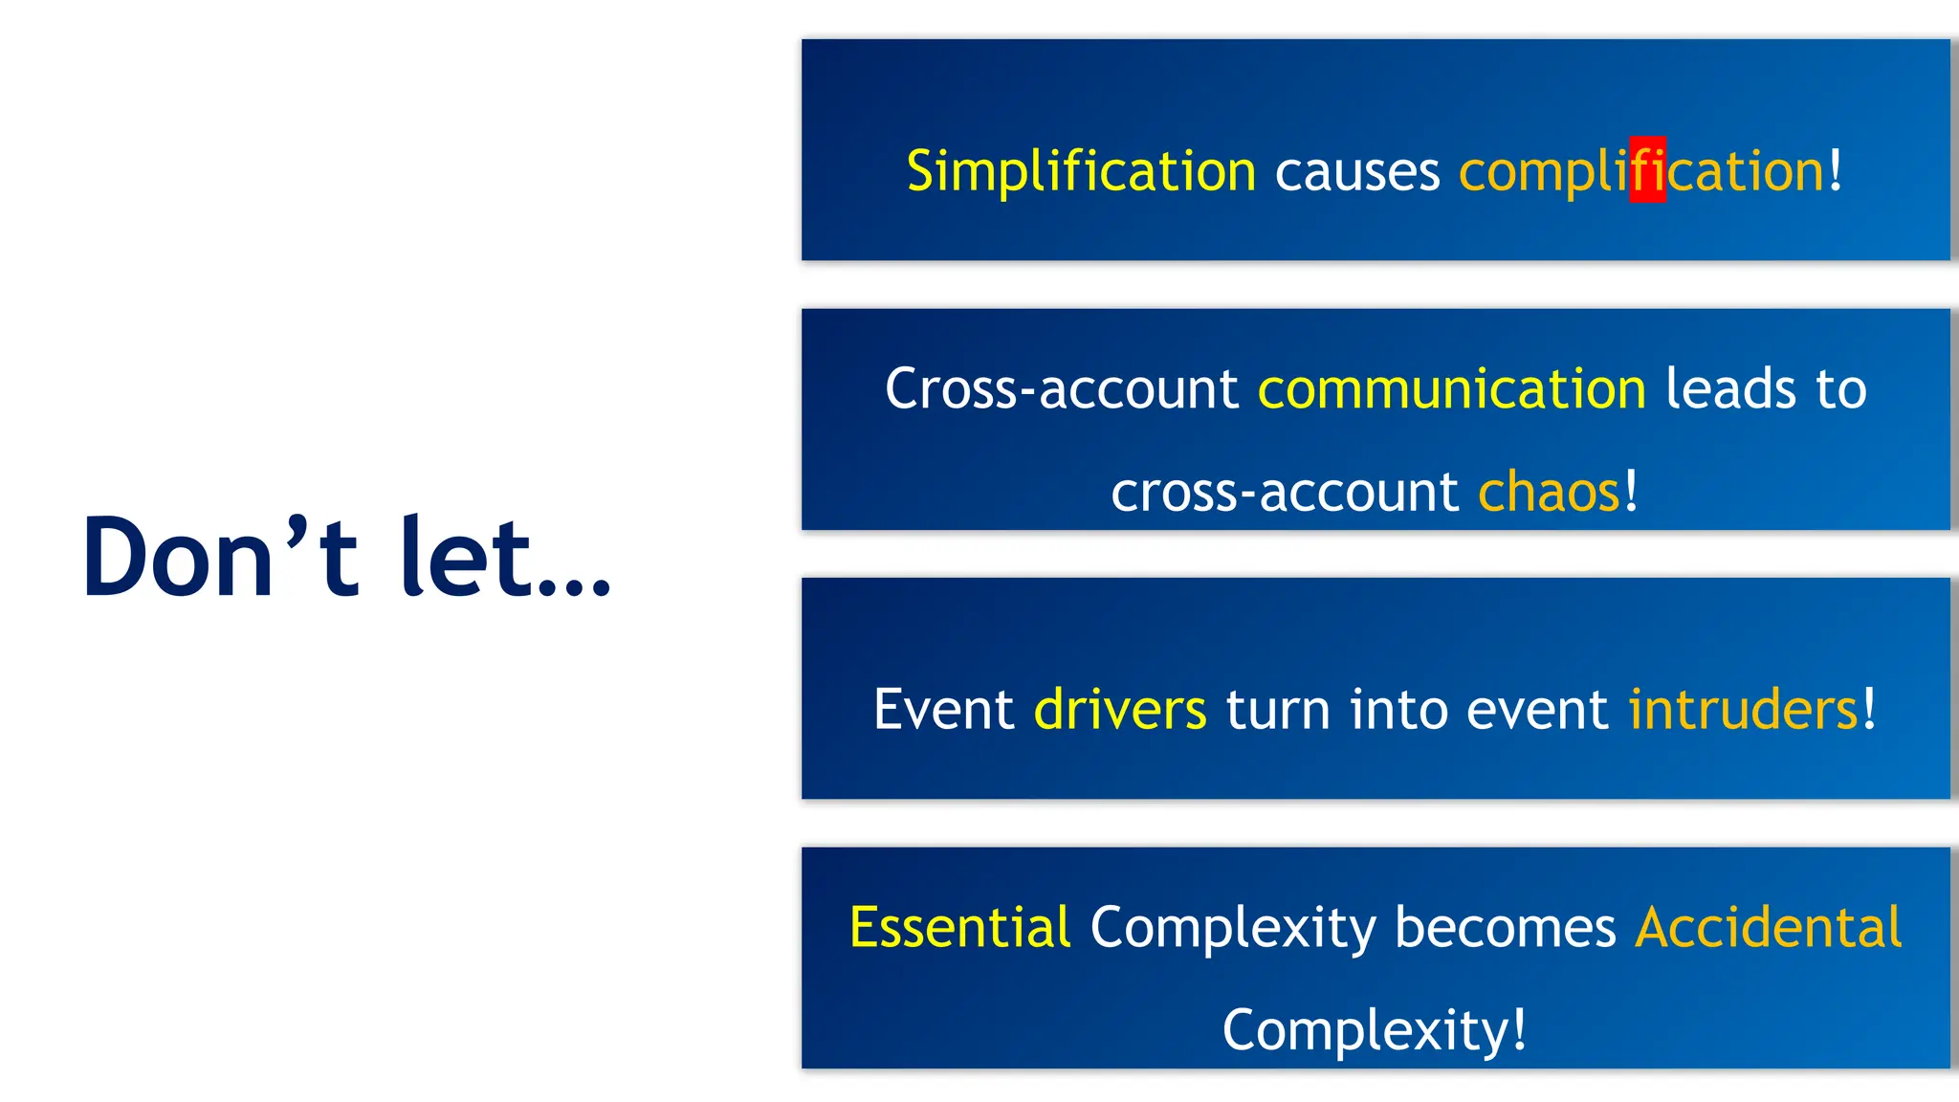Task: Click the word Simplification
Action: [x=1080, y=172]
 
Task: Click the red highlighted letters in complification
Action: [x=1647, y=170]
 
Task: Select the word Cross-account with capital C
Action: [x=1061, y=389]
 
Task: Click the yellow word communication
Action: [x=1451, y=389]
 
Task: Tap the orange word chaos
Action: [x=1549, y=493]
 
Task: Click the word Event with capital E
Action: [x=943, y=710]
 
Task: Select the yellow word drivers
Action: [x=1120, y=710]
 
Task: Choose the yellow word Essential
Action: [x=959, y=928]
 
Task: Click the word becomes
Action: [x=1505, y=928]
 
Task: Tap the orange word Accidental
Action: [x=1768, y=928]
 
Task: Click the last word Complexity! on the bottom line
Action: [x=1374, y=1031]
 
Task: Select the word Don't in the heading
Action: [x=220, y=557]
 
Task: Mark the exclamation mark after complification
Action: [x=1835, y=170]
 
